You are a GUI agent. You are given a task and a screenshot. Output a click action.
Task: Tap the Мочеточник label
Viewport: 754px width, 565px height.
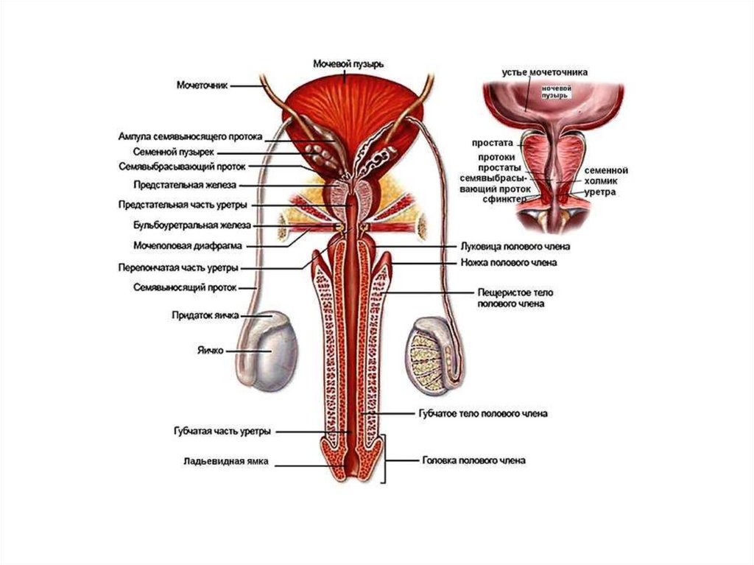(203, 85)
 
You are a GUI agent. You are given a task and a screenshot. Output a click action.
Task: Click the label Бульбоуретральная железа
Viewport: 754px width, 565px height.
(192, 225)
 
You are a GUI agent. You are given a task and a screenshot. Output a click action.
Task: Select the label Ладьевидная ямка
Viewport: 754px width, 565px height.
(226, 463)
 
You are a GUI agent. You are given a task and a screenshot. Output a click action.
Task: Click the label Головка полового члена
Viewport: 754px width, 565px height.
(473, 460)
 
